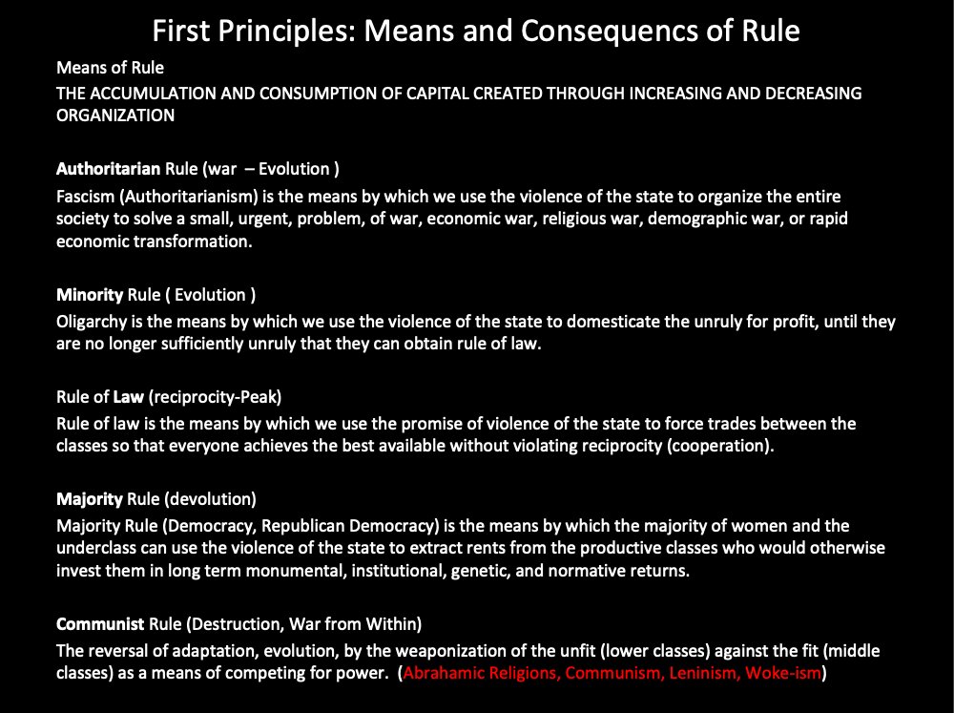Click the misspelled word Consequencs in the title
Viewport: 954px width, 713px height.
(x=630, y=31)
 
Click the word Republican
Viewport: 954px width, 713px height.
(x=304, y=526)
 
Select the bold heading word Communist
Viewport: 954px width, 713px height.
(x=100, y=624)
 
